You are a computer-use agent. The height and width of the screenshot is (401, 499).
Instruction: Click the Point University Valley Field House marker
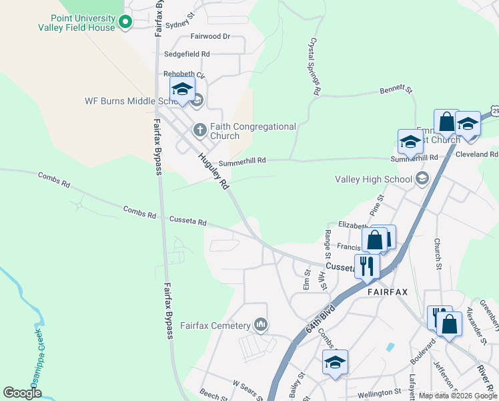click(124, 23)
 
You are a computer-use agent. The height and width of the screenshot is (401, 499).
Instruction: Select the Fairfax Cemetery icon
click(260, 325)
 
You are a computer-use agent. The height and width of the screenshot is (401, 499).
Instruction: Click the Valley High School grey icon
click(422, 178)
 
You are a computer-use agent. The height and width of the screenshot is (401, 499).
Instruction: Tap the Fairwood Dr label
click(209, 36)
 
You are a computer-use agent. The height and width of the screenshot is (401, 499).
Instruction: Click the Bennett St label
click(397, 89)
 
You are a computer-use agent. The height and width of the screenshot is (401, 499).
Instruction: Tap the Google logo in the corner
click(22, 393)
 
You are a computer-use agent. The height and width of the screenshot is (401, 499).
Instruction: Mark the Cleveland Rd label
click(477, 154)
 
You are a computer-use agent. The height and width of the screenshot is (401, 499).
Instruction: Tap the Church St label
click(438, 255)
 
